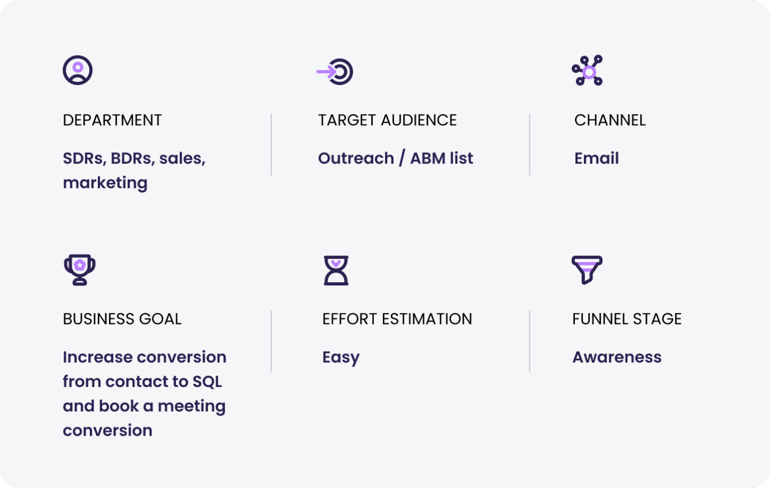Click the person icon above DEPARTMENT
pyautogui.click(x=78, y=70)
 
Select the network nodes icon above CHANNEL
pyautogui.click(x=587, y=71)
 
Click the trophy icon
pyautogui.click(x=80, y=269)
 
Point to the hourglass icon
pyautogui.click(x=336, y=270)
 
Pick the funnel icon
pyautogui.click(x=587, y=269)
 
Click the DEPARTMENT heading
pyautogui.click(x=112, y=120)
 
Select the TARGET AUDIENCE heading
pyautogui.click(x=387, y=120)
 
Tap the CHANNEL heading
pyautogui.click(x=610, y=120)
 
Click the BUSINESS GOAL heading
pyautogui.click(x=122, y=319)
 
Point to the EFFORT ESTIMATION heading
pyautogui.click(x=397, y=319)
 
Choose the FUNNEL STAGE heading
pyautogui.click(x=627, y=319)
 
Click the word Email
pyautogui.click(x=596, y=158)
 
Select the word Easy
pyautogui.click(x=341, y=358)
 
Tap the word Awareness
pyautogui.click(x=617, y=357)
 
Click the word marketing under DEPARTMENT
pyautogui.click(x=105, y=183)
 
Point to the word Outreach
pyautogui.click(x=356, y=158)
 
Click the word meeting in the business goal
pyautogui.click(x=191, y=406)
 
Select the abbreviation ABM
pyautogui.click(x=427, y=158)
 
